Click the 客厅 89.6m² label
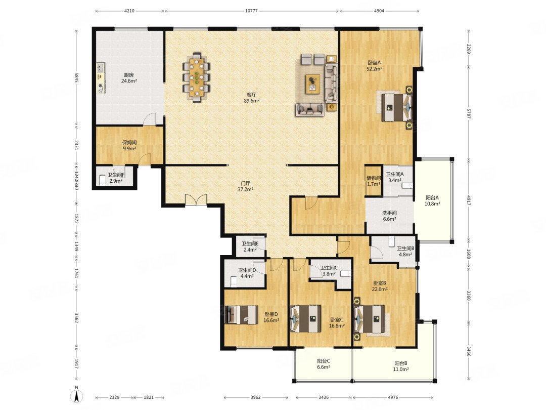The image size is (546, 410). (251, 97)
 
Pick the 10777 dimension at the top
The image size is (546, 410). (251, 10)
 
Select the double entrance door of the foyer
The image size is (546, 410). (196, 200)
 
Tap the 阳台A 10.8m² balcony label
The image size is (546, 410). (432, 200)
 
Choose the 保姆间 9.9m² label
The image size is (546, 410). (129, 146)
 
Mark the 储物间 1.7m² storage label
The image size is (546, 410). (373, 181)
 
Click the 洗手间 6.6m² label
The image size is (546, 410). (389, 216)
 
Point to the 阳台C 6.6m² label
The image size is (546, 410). (324, 364)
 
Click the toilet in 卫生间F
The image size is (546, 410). (103, 180)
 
